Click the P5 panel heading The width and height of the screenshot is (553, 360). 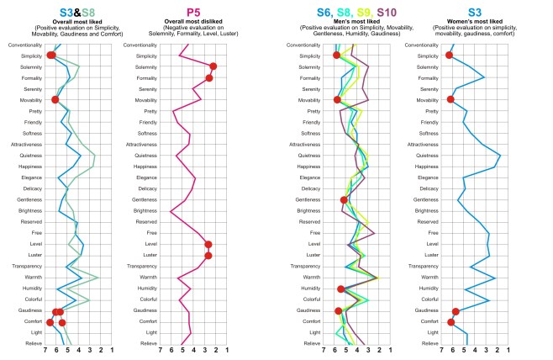pyautogui.click(x=195, y=12)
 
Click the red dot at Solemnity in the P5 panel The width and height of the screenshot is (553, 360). pyautogui.click(x=213, y=66)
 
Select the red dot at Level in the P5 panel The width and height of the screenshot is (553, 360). pyautogui.click(x=208, y=244)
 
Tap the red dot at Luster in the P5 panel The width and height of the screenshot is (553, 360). pyautogui.click(x=208, y=256)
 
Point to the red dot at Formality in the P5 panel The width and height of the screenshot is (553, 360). pyautogui.click(x=209, y=77)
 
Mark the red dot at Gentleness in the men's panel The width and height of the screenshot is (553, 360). pyautogui.click(x=345, y=200)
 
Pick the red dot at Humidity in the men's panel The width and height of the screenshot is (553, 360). pyautogui.click(x=340, y=289)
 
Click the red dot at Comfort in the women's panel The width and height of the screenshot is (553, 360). pyautogui.click(x=451, y=321)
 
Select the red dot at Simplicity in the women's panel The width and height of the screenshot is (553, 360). pyautogui.click(x=449, y=56)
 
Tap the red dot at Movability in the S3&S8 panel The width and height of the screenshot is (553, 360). pyautogui.click(x=55, y=99)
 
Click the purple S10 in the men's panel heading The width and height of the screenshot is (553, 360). pyautogui.click(x=388, y=12)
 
